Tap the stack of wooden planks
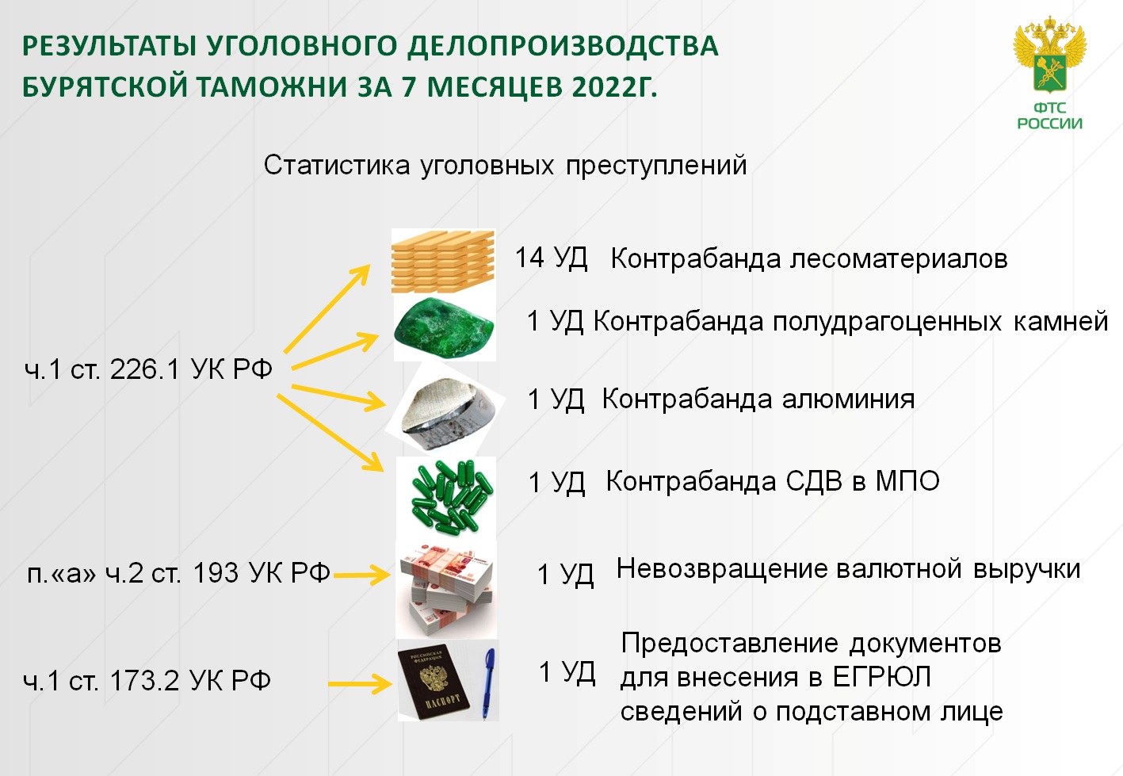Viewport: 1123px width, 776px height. tap(443, 261)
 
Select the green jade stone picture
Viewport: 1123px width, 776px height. tap(445, 327)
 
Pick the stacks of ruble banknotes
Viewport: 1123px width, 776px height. tap(446, 589)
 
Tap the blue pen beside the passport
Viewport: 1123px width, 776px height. tap(488, 682)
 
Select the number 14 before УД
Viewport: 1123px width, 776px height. tap(529, 258)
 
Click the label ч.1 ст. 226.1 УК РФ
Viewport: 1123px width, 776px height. tap(148, 370)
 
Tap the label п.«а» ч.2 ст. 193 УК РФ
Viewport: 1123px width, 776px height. tap(178, 573)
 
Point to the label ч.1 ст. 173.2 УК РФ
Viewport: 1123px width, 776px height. tap(147, 681)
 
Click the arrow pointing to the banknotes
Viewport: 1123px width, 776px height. tap(361, 575)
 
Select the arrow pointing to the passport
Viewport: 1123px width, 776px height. tap(360, 683)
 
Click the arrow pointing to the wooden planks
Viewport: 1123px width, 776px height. tap(327, 309)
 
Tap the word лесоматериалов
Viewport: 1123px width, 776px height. tap(899, 260)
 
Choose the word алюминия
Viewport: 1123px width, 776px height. tap(848, 400)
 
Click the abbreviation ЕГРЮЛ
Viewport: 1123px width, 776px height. tap(882, 677)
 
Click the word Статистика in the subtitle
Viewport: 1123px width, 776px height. tap(337, 165)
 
